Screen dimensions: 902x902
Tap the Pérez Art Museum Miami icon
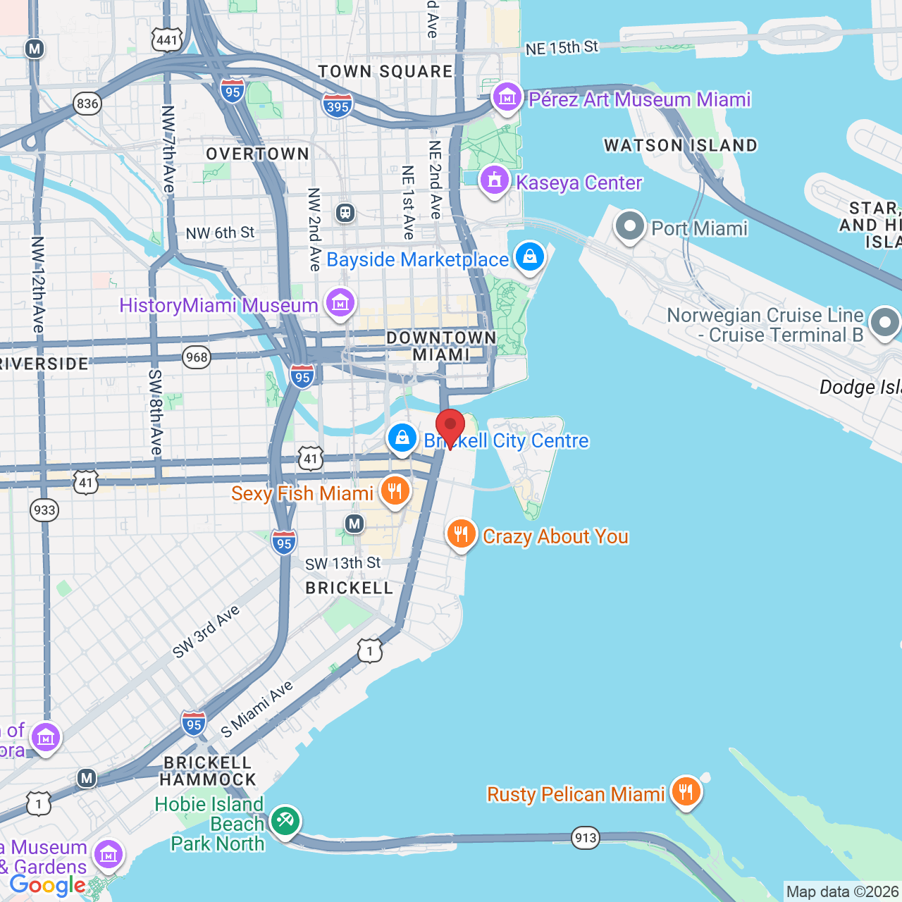[507, 98]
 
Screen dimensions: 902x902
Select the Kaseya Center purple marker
[495, 181]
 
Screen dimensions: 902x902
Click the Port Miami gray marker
[629, 227]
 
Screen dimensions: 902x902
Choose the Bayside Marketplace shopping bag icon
[530, 257]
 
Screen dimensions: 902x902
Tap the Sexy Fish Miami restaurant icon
[395, 491]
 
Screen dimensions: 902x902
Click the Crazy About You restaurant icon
[461, 535]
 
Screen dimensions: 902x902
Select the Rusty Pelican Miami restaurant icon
[686, 792]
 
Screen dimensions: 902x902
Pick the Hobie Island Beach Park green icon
[285, 821]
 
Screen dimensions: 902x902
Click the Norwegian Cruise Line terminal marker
[885, 323]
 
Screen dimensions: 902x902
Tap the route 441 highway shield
[167, 39]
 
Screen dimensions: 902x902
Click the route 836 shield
[87, 104]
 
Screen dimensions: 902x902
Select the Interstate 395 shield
[338, 106]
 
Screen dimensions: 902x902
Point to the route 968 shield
[197, 357]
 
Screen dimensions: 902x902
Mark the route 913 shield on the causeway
[586, 838]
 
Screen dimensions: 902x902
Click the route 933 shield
[44, 510]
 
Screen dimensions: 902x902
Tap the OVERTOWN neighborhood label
[257, 154]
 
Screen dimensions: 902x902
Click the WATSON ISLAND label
[681, 146]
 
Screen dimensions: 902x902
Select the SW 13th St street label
[342, 564]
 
